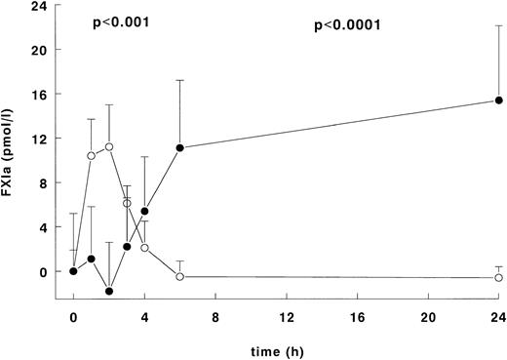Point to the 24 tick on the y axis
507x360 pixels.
(x=37, y=5)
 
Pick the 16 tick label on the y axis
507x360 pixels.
(x=37, y=95)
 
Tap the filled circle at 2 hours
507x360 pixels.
(x=109, y=291)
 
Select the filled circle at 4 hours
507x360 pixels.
(x=144, y=212)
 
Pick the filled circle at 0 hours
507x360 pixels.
(x=73, y=271)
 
